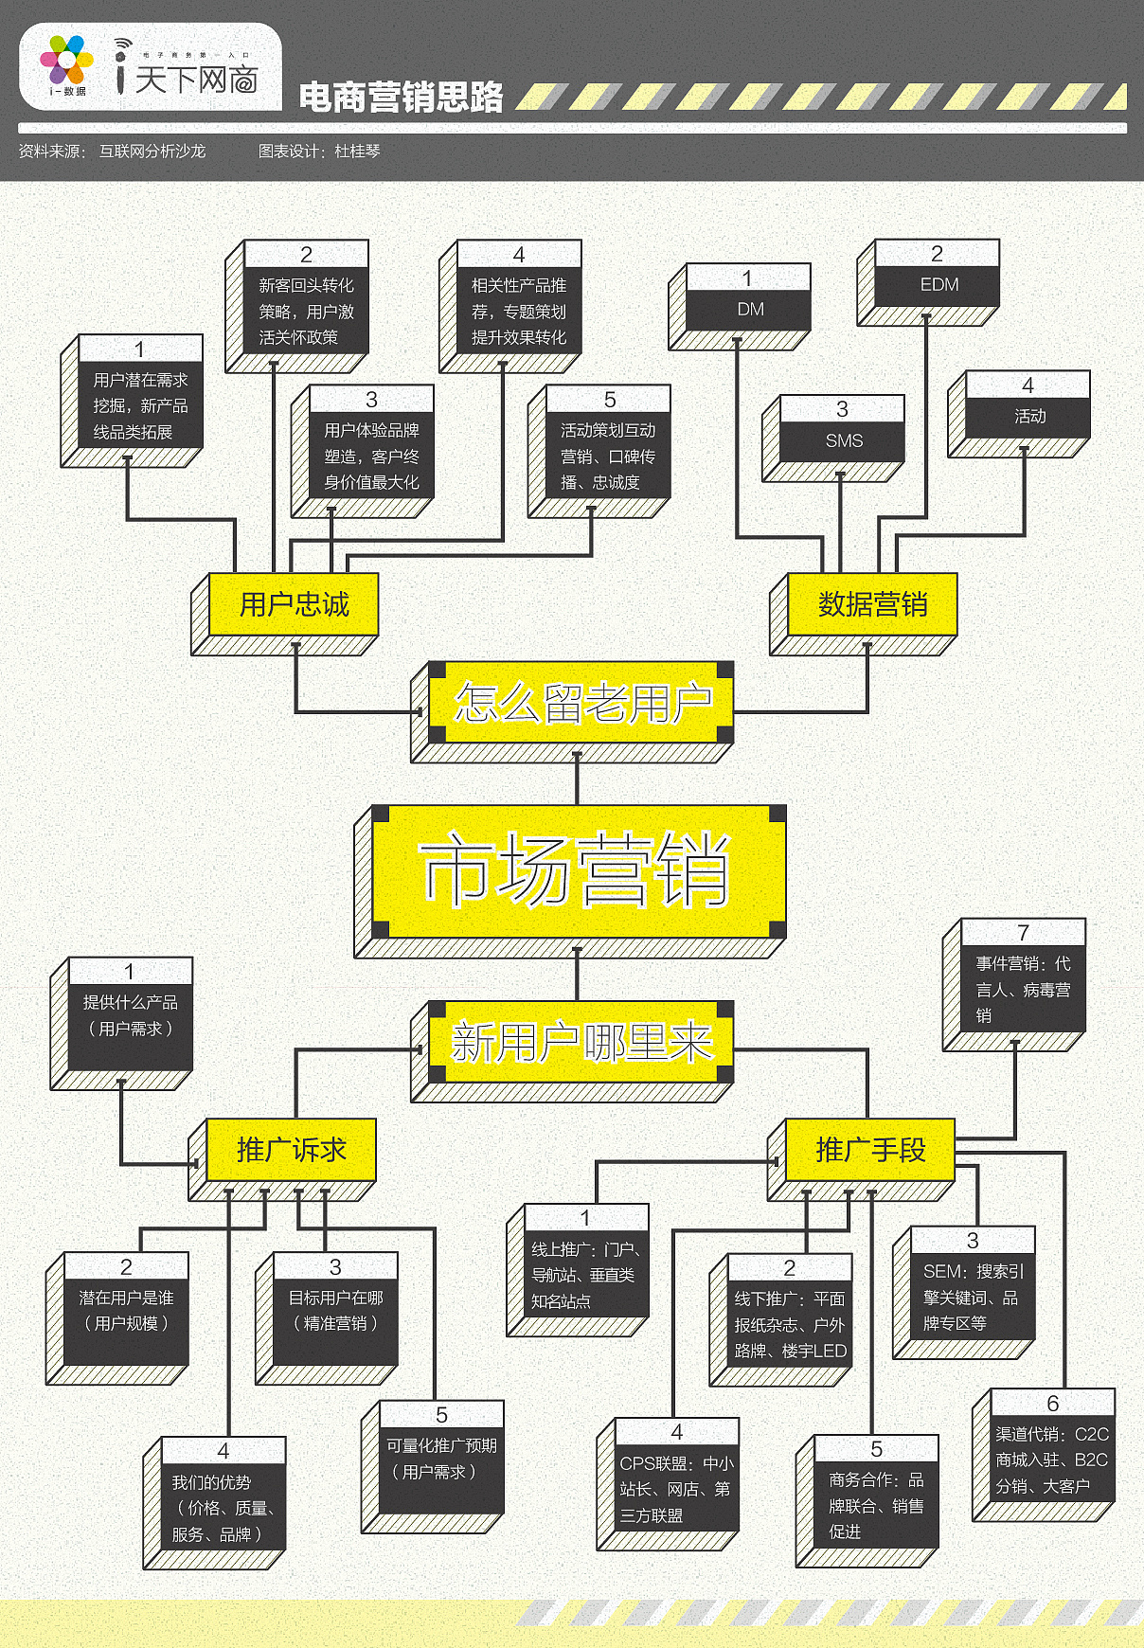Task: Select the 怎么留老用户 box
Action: pyautogui.click(x=573, y=711)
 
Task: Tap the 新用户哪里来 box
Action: pyautogui.click(x=573, y=1050)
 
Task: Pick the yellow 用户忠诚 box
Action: pyautogui.click(x=286, y=613)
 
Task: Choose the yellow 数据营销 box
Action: pyautogui.click(x=864, y=613)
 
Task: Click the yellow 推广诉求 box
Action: pyautogui.click(x=283, y=1159)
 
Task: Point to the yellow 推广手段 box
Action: pyautogui.click(x=861, y=1159)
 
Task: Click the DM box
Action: pyautogui.click(x=740, y=307)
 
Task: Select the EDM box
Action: pyautogui.click(x=928, y=282)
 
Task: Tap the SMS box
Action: pyautogui.click(x=833, y=439)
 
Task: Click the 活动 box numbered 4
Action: pyautogui.click(x=1019, y=414)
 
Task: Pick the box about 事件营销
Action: pyautogui.click(x=1014, y=985)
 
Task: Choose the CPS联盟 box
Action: pyautogui.click(x=668, y=1484)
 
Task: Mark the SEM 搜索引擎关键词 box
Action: pyautogui.click(x=964, y=1293)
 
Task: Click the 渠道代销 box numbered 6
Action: pyautogui.click(x=1044, y=1456)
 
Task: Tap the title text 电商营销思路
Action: pyautogui.click(x=402, y=97)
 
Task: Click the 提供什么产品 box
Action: pyautogui.click(x=121, y=1024)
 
